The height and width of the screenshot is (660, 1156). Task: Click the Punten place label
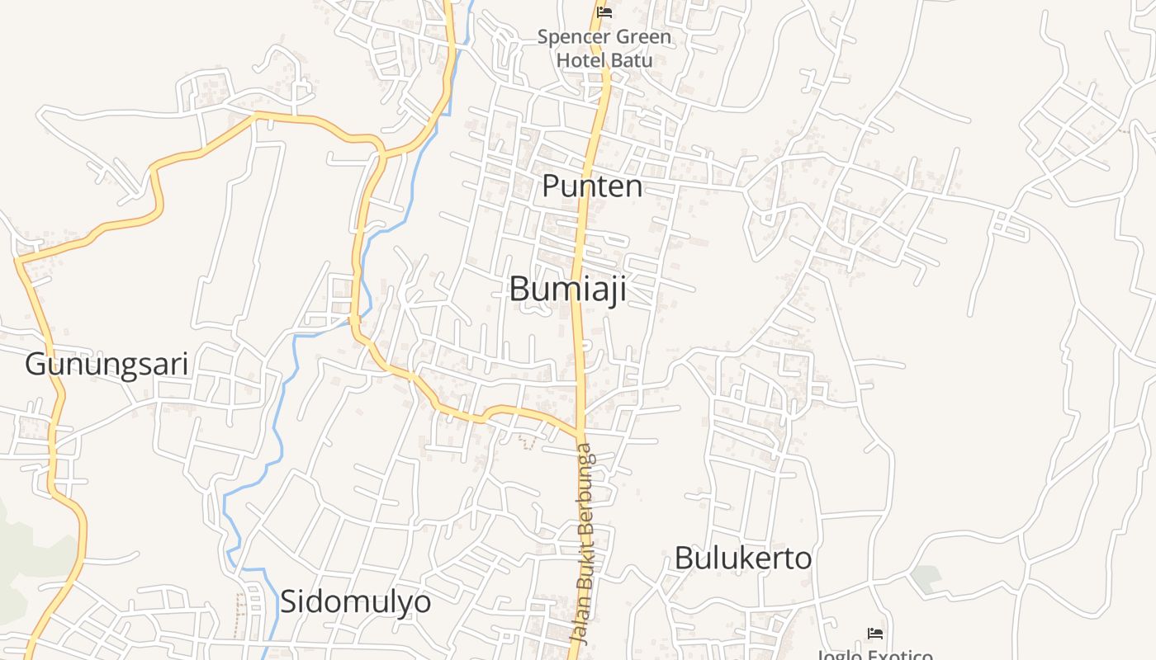[592, 186]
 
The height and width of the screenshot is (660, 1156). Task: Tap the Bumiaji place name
[567, 290]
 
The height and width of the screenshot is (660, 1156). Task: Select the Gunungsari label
[107, 364]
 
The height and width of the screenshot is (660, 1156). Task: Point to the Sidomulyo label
[355, 601]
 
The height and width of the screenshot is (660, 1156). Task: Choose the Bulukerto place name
[743, 559]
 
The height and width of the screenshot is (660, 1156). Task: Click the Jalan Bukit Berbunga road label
[584, 544]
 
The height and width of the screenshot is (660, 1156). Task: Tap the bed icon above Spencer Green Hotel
[604, 12]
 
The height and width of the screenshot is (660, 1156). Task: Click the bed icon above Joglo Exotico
[875, 634]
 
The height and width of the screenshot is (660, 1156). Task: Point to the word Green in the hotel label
[642, 37]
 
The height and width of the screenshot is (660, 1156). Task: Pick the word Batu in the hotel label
[632, 60]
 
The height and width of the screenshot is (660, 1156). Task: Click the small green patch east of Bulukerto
[926, 578]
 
